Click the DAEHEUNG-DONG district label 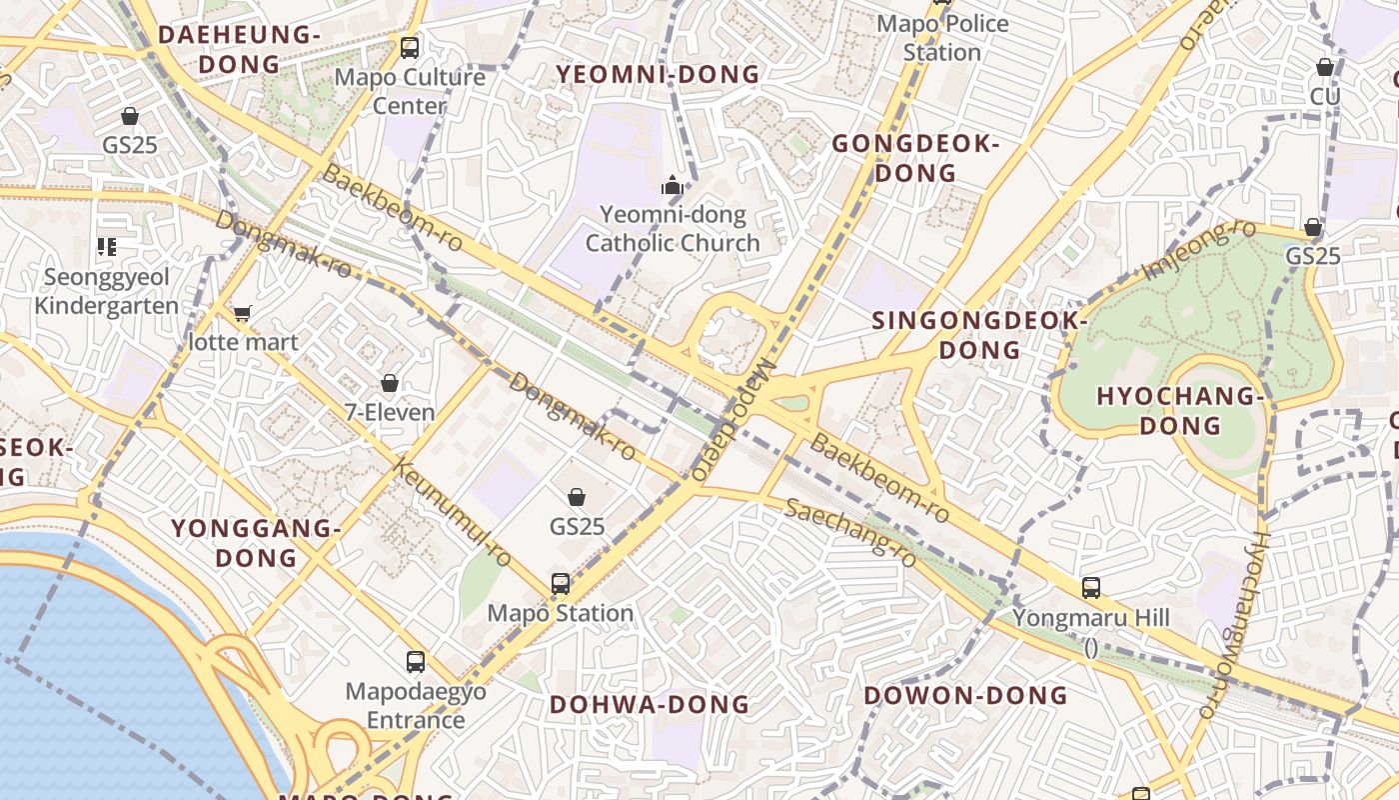click(239, 49)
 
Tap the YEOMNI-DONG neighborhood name click(658, 74)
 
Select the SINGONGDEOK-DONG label click(979, 335)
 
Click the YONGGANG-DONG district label click(250, 542)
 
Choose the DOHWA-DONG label click(650, 704)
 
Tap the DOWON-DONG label click(965, 695)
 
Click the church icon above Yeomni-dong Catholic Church click(673, 185)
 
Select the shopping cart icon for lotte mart click(242, 313)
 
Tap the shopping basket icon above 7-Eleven click(390, 383)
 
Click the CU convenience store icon click(1325, 67)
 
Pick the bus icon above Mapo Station click(561, 583)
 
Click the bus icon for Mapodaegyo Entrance click(416, 661)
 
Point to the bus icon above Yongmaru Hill click(1091, 588)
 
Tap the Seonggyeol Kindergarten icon click(107, 246)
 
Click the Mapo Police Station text click(941, 37)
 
